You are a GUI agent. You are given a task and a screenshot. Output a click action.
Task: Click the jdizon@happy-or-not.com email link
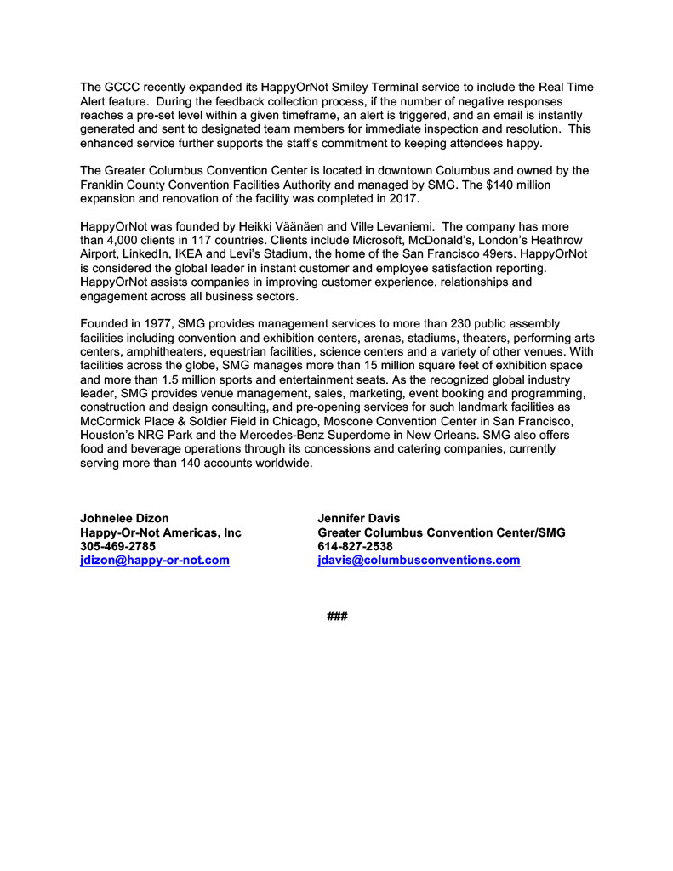[x=155, y=561]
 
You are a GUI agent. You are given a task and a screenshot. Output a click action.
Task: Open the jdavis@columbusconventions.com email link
[x=418, y=561]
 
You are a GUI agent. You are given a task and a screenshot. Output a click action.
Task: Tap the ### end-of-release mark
[x=337, y=616]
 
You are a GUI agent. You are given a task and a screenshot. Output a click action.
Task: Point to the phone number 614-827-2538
[x=355, y=547]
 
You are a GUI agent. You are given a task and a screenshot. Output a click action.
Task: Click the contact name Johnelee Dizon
[x=124, y=518]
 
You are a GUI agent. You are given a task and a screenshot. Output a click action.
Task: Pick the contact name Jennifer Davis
[x=358, y=518]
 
